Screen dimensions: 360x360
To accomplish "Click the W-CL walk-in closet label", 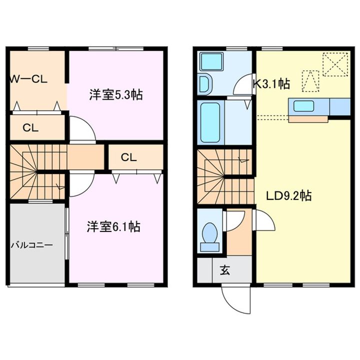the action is pyautogui.click(x=28, y=79).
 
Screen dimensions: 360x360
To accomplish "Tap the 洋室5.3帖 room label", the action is pyautogui.click(x=116, y=95).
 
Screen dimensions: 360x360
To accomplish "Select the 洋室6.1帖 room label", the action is pyautogui.click(x=113, y=226).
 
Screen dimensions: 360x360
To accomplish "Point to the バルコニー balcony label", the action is pyautogui.click(x=32, y=245).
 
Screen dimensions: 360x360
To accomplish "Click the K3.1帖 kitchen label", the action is pyautogui.click(x=271, y=83).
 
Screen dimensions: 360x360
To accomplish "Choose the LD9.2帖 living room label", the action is pyautogui.click(x=288, y=196).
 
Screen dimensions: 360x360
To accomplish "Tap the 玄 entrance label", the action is pyautogui.click(x=225, y=270).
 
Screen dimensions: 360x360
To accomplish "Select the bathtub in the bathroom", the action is pyautogui.click(x=210, y=122).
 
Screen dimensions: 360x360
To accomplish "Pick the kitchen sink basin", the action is pyautogui.click(x=304, y=106).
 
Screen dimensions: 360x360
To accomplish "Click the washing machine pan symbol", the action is pyautogui.click(x=211, y=61).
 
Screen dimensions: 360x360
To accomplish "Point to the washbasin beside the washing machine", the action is pyautogui.click(x=205, y=84).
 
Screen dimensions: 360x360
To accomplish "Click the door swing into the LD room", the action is pyautogui.click(x=264, y=219).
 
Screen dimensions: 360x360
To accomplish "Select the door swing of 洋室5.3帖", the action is pyautogui.click(x=82, y=129).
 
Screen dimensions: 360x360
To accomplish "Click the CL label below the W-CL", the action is pyautogui.click(x=30, y=127).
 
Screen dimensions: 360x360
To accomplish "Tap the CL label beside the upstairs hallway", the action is pyautogui.click(x=129, y=157).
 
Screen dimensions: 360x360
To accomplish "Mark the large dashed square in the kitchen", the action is pyautogui.click(x=335, y=64).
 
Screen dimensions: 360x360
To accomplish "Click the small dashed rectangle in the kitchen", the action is pyautogui.click(x=310, y=81).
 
